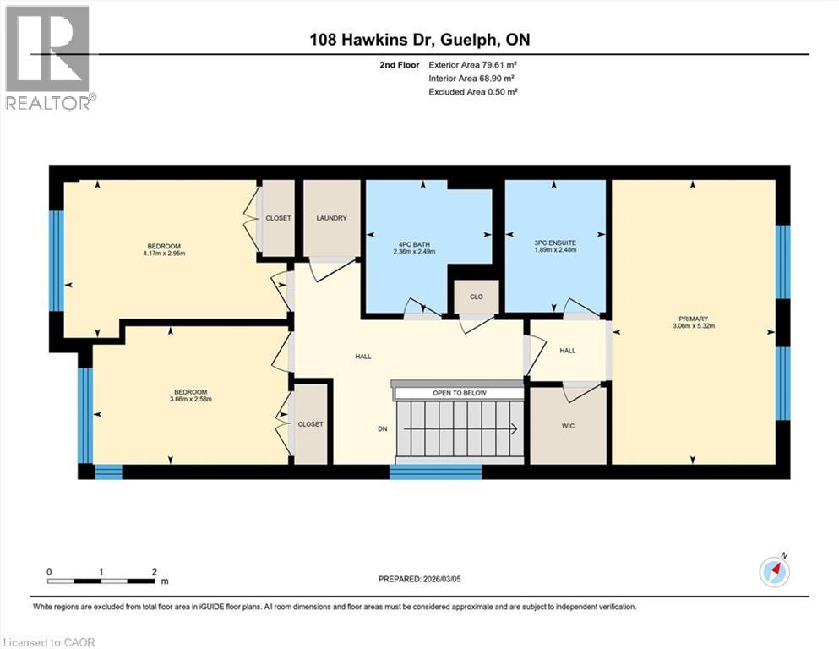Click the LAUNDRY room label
[331, 218]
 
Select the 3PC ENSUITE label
[555, 244]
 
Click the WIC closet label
[568, 426]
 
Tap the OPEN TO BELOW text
[457, 394]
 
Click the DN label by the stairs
[382, 429]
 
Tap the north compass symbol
[775, 572]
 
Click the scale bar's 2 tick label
[153, 571]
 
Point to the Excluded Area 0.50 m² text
[473, 91]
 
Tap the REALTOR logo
[47, 58]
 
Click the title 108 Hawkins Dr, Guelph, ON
[419, 40]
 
